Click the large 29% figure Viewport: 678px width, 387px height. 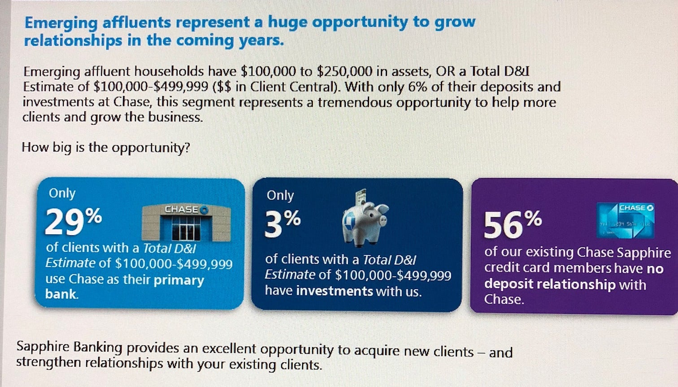tap(74, 221)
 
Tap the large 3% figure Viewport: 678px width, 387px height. tap(282, 223)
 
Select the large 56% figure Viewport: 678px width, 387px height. tap(513, 224)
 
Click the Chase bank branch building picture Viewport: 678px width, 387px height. tap(186, 222)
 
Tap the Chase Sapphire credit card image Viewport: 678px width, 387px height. tap(626, 220)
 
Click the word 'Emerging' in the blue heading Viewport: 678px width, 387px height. tap(61, 23)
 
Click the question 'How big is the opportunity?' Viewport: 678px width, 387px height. tap(106, 148)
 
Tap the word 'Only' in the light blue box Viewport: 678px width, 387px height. tap(62, 193)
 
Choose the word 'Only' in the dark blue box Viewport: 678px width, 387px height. tap(280, 195)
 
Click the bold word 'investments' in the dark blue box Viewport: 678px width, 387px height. tap(335, 291)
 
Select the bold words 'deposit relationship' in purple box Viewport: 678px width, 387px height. tap(550, 284)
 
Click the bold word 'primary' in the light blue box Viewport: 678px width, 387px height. tap(179, 280)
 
